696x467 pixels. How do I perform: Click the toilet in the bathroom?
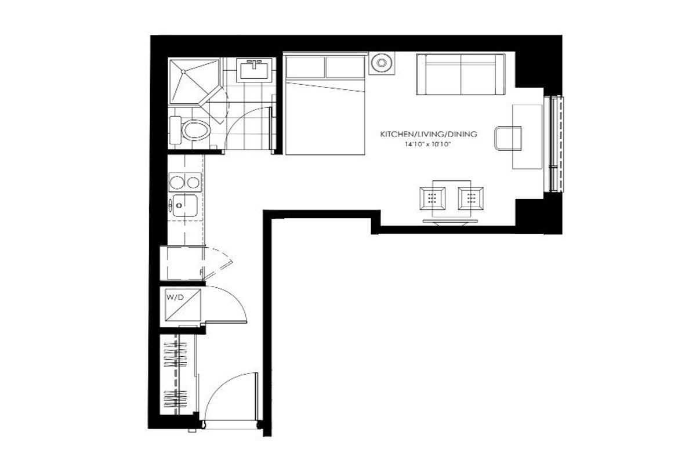tap(190, 130)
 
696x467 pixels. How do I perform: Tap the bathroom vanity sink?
tap(254, 70)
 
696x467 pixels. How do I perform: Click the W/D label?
tap(175, 298)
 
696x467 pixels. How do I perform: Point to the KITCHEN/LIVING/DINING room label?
tap(429, 134)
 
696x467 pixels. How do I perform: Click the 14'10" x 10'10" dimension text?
tap(427, 144)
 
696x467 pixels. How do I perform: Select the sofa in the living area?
tap(461, 74)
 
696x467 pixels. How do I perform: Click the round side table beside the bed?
tap(382, 63)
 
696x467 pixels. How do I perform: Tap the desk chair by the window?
tap(507, 138)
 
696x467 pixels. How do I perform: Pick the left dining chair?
tap(432, 198)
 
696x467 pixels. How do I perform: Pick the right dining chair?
tap(470, 198)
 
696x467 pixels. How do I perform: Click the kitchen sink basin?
tap(184, 205)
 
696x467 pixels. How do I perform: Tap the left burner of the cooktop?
tap(176, 182)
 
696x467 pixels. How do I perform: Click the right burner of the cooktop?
tap(193, 182)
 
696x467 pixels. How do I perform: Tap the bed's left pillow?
tap(305, 67)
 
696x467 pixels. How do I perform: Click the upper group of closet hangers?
tap(176, 354)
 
